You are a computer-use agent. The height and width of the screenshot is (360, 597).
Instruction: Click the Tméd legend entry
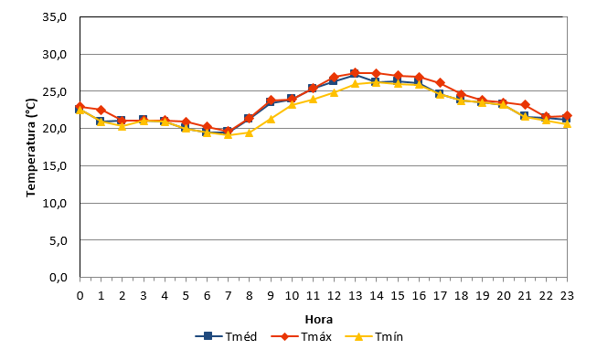[226, 337]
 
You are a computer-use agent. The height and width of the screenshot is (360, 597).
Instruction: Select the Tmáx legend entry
[301, 337]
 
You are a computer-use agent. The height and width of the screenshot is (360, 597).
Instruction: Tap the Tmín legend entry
[374, 337]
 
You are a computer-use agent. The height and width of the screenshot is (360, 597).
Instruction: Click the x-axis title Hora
[319, 319]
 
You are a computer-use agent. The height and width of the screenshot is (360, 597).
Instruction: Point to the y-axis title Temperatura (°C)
[31, 148]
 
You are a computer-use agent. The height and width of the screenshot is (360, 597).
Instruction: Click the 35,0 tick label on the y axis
[55, 17]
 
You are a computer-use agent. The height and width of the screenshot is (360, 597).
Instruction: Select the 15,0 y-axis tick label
[55, 166]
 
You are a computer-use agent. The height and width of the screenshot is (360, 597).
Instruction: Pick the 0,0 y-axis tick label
[59, 278]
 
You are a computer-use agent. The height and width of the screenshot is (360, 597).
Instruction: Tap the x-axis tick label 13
[355, 296]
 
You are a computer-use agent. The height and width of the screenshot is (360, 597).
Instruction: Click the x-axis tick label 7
[228, 296]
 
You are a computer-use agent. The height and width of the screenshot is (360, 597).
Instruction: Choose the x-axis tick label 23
[567, 296]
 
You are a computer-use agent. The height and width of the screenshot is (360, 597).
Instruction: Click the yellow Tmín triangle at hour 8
[249, 132]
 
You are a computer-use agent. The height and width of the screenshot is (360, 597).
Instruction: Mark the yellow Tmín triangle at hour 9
[271, 119]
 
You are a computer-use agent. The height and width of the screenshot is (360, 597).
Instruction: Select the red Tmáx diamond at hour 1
[101, 110]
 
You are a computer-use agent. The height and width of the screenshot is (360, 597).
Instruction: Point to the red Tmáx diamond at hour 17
[440, 82]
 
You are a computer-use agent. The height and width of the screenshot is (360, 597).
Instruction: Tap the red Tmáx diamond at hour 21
[525, 105]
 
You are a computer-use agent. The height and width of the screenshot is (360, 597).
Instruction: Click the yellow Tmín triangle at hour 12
[334, 92]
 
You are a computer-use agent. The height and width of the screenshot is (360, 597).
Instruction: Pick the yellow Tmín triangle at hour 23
[567, 123]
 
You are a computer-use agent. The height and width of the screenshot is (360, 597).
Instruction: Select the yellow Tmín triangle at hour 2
[122, 126]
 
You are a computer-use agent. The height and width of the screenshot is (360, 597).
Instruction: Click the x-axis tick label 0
[80, 296]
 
